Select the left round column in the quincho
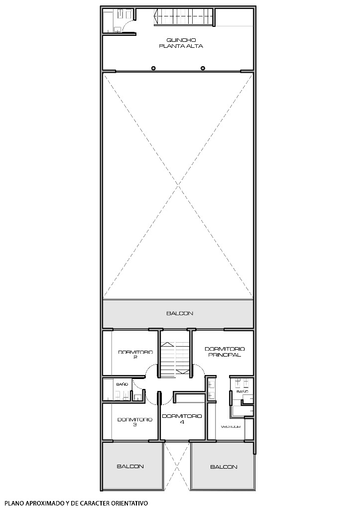(153, 68)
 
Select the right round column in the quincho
(203, 68)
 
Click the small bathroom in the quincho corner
(118, 21)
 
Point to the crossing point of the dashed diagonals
(178, 186)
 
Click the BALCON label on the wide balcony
(179, 313)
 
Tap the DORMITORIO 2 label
(135, 355)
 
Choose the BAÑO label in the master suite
(242, 392)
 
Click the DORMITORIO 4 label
(182, 418)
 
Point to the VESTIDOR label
(231, 427)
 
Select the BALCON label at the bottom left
(130, 466)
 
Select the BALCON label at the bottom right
(224, 467)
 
